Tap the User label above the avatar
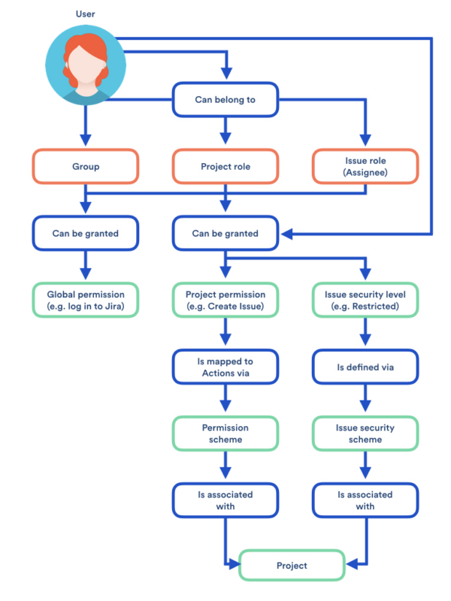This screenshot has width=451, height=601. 86,14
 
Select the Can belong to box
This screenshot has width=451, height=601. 225,100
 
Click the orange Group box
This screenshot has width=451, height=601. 86,167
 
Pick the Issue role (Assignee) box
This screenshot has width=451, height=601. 365,167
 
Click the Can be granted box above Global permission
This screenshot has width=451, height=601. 86,233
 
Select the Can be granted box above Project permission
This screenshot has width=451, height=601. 225,233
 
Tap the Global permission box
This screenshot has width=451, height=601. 86,299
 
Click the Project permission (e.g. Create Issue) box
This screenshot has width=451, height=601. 225,299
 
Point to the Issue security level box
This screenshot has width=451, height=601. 365,299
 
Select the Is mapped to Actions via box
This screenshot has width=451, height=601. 225,367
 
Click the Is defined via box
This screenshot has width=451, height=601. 365,367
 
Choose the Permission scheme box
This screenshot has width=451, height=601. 225,433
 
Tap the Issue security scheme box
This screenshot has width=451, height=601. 365,433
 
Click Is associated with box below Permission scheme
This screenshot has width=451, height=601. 225,500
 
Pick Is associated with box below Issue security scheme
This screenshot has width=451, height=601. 365,500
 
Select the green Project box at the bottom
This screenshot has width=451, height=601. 292,566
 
